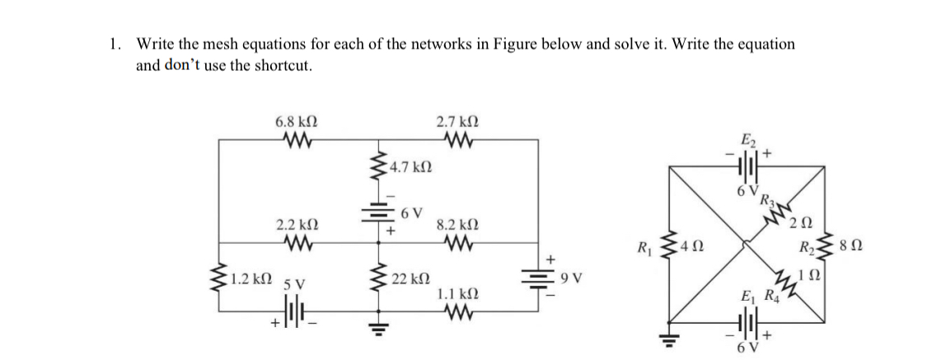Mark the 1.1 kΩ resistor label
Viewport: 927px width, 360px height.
click(x=454, y=292)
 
